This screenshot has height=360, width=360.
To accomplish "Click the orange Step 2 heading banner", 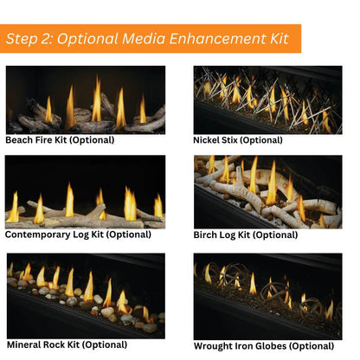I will [x=151, y=38].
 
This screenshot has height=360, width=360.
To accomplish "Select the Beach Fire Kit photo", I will [x=85, y=100].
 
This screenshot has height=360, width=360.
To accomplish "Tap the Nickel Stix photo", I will [x=267, y=100].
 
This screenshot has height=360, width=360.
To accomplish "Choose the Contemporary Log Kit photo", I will [x=85, y=191].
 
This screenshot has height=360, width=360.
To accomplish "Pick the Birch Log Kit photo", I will [x=267, y=191].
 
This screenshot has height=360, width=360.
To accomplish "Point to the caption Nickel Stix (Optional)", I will [x=238, y=140].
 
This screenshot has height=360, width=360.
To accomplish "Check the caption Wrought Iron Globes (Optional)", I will [x=262, y=346].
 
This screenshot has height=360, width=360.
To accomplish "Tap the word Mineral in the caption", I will [x=25, y=345].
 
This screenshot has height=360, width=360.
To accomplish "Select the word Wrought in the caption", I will [x=214, y=346].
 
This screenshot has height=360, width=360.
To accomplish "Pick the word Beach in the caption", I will [x=21, y=140].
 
